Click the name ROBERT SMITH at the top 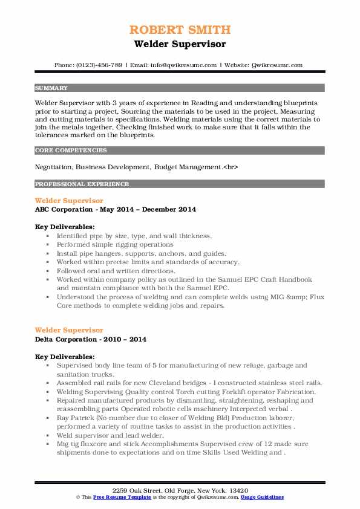point(180,30)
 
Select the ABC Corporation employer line point(115,209)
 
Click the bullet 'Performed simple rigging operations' point(115,245)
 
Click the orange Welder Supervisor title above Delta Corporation point(69,330)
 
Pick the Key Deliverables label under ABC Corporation point(65,227)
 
